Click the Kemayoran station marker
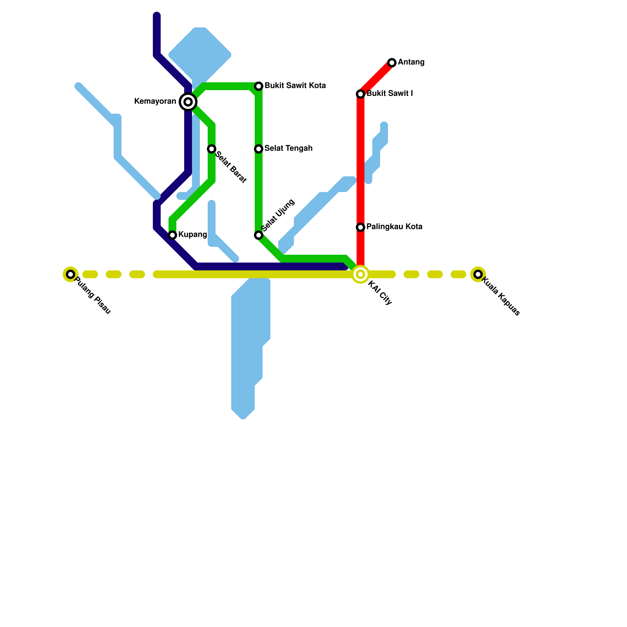pyautogui.click(x=188, y=102)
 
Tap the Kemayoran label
pyautogui.click(x=155, y=101)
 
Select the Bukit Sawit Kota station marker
pyautogui.click(x=259, y=86)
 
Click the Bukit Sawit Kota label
pyautogui.click(x=295, y=86)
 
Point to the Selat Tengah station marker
pyautogui.click(x=259, y=149)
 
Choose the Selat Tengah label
pyautogui.click(x=288, y=149)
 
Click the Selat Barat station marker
pyautogui.click(x=212, y=149)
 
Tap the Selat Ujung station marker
pyautogui.click(x=259, y=235)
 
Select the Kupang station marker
pyautogui.click(x=172, y=235)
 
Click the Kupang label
pyautogui.click(x=192, y=235)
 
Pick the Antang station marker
pyautogui.click(x=392, y=63)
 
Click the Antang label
pyautogui.click(x=411, y=62)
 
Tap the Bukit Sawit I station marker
pyautogui.click(x=361, y=94)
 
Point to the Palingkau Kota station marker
pyautogui.click(x=361, y=227)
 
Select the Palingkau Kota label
pyautogui.click(x=394, y=227)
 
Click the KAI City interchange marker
pyautogui.click(x=361, y=274)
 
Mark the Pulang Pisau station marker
pyautogui.click(x=71, y=274)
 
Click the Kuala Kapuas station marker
pyautogui.click(x=478, y=274)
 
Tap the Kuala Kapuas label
pyautogui.click(x=500, y=296)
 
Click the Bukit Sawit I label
pyautogui.click(x=390, y=94)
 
